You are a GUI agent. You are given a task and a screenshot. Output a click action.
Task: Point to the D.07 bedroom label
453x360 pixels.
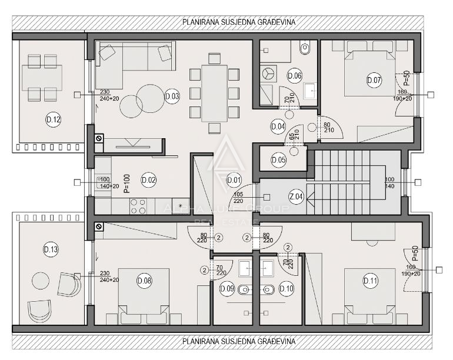(374, 80)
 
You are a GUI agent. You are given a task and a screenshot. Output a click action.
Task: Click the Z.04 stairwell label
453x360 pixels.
(296, 197)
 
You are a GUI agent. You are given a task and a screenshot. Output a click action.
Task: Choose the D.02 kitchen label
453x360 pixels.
(148, 179)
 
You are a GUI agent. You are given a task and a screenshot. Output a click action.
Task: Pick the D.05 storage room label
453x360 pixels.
(279, 159)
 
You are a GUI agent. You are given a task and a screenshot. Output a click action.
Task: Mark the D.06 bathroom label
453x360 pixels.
(294, 75)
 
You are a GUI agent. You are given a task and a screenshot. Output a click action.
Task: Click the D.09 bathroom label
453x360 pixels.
(227, 289)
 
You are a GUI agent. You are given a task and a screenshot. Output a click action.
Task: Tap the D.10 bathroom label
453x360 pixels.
(287, 289)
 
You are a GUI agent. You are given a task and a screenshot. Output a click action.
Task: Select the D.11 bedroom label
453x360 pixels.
(371, 281)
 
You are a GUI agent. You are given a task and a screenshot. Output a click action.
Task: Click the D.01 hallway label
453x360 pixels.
(234, 179)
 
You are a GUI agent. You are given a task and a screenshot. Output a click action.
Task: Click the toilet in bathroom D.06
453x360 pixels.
(305, 49)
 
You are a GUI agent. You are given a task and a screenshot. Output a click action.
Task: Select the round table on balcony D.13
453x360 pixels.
(41, 280)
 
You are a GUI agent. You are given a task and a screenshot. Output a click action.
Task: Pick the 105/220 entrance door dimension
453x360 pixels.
(238, 198)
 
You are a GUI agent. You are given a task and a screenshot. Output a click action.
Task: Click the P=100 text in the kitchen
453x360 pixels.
(126, 183)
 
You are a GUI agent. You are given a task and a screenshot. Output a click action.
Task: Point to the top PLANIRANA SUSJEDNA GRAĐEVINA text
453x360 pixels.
(239, 22)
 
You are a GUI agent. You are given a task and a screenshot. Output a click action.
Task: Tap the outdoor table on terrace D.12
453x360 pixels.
(42, 75)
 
